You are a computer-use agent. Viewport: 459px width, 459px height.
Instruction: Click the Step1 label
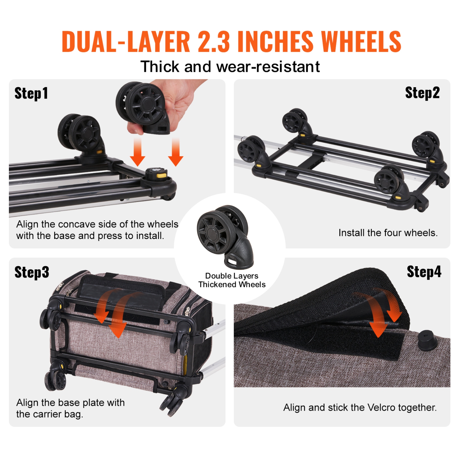click(31, 93)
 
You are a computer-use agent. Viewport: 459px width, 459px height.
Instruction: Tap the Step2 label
click(422, 93)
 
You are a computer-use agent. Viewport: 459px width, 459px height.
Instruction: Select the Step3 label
click(32, 272)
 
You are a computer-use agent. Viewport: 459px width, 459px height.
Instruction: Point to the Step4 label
click(424, 271)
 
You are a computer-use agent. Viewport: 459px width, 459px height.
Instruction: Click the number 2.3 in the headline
click(214, 42)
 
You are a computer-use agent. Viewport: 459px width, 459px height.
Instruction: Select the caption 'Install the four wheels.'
click(388, 233)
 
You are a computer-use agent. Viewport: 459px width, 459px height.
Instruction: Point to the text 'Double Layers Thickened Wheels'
click(232, 280)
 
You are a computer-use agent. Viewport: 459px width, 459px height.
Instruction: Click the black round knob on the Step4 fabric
click(427, 339)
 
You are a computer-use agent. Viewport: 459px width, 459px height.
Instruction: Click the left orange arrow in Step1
click(137, 152)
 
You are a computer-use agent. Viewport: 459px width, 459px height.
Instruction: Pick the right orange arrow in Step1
click(175, 152)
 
